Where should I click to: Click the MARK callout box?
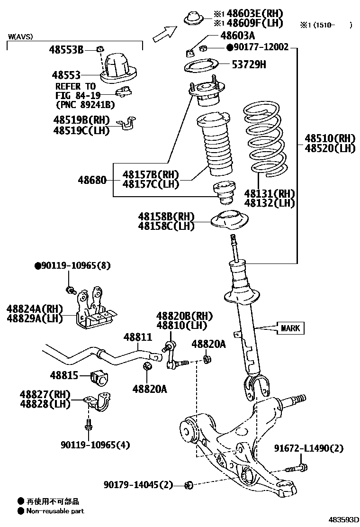290,328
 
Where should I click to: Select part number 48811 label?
138,337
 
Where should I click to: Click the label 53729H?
248,64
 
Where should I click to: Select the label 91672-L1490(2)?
309,448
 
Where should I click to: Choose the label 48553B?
66,49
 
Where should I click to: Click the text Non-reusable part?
55,511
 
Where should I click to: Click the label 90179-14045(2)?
138,484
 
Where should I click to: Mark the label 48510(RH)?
330,138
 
